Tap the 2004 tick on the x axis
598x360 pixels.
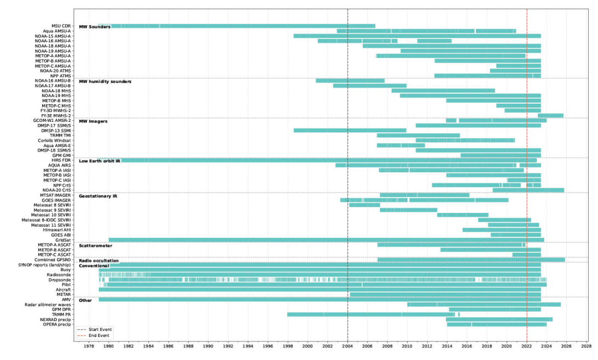pos(348,347)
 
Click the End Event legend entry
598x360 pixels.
pos(98,335)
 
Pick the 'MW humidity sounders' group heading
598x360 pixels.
pos(105,81)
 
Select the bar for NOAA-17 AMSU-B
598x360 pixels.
pos(370,86)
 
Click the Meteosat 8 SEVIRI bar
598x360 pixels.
pos(364,205)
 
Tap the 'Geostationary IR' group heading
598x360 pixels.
pos(99,195)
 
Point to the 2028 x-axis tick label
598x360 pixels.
pos(586,347)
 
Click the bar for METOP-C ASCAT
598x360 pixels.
pos(526,255)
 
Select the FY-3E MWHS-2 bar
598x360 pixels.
pos(550,115)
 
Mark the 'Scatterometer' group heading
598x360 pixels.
pos(96,245)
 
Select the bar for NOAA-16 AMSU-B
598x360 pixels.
pos(350,81)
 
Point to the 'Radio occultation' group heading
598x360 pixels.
pos(99,260)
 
